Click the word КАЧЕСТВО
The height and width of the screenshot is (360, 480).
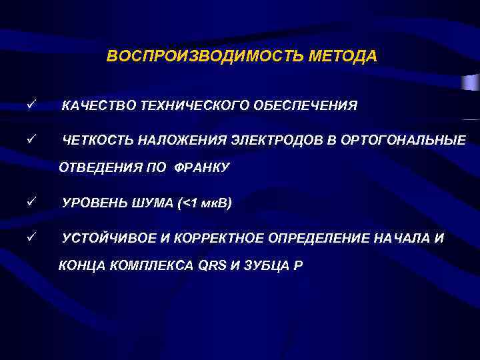96,105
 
